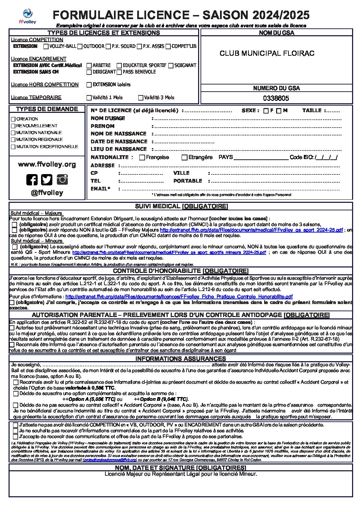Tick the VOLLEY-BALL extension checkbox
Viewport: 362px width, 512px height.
pyautogui.click(x=46, y=47)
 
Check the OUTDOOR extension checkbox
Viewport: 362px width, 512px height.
pyautogui.click(x=80, y=47)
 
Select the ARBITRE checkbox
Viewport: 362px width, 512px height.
pyautogui.click(x=89, y=65)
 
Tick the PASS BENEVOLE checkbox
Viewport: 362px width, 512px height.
pyautogui.click(x=119, y=72)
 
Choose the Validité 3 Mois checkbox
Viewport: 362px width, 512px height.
pyautogui.click(x=141, y=98)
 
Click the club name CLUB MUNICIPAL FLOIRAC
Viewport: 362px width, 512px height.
pyautogui.click(x=267, y=53)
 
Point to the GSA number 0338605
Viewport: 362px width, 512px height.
pyautogui.click(x=276, y=99)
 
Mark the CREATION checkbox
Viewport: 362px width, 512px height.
pyautogui.click(x=13, y=119)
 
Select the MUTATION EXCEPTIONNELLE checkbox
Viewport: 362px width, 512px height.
pyautogui.click(x=13, y=147)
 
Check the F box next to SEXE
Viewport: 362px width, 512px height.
pyautogui.click(x=266, y=111)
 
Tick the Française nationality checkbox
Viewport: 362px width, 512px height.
pyautogui.click(x=142, y=158)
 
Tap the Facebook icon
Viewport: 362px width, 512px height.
pyautogui.click(x=32, y=180)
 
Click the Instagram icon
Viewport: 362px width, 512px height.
pyautogui.click(x=62, y=179)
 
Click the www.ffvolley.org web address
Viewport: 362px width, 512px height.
pyautogui.click(x=47, y=165)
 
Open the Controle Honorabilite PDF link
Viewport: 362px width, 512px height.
pyautogui.click(x=179, y=297)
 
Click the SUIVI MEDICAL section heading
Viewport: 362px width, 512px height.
pyautogui.click(x=181, y=206)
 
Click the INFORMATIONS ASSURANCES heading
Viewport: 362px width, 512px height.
pyautogui.click(x=180, y=359)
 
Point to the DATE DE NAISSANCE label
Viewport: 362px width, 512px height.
pyautogui.click(x=119, y=142)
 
